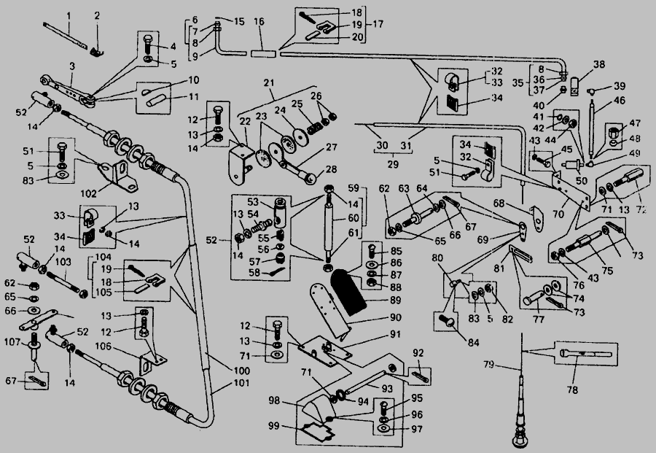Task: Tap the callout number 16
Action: pyautogui.click(x=259, y=23)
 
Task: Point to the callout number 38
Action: pyautogui.click(x=578, y=64)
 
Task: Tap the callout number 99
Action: pyautogui.click(x=274, y=425)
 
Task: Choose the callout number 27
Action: pyautogui.click(x=331, y=147)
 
